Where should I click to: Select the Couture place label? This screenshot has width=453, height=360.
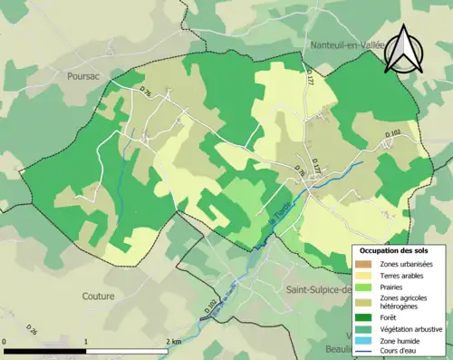click(x=98, y=296)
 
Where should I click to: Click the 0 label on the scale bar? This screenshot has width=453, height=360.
click(x=5, y=341)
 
